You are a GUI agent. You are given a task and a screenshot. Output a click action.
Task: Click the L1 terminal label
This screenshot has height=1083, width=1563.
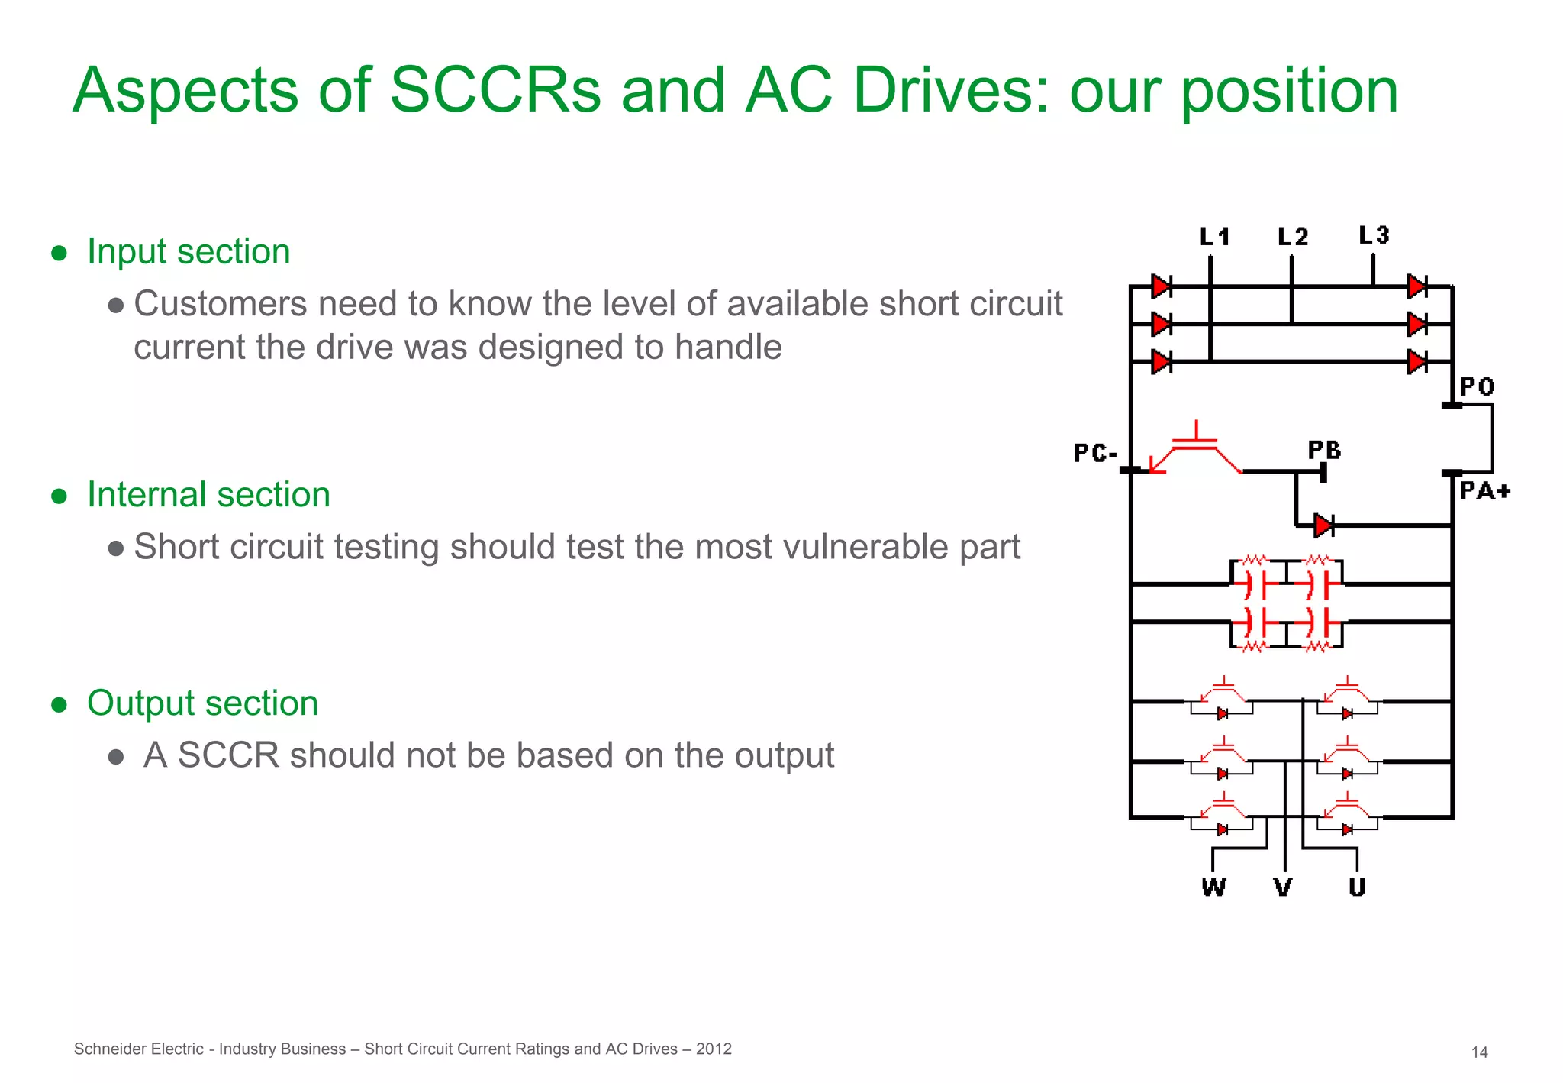pyautogui.click(x=1214, y=237)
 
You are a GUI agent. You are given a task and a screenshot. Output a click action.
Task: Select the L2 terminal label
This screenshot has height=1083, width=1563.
pyautogui.click(x=1293, y=237)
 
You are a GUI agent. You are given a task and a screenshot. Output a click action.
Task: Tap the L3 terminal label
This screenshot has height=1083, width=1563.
pyautogui.click(x=1374, y=234)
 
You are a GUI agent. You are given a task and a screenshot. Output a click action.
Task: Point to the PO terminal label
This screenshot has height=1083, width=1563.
pyautogui.click(x=1477, y=386)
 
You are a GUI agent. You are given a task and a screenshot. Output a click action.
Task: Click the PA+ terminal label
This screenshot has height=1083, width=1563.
pyautogui.click(x=1484, y=490)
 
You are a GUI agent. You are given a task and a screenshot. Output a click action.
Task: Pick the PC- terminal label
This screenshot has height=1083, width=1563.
pyautogui.click(x=1095, y=453)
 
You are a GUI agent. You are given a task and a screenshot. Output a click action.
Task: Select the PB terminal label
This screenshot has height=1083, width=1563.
pyautogui.click(x=1324, y=450)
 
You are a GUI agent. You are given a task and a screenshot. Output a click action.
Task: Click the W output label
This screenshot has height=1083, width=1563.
pyautogui.click(x=1213, y=887)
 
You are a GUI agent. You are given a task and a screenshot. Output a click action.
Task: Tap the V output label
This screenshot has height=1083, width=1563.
pyautogui.click(x=1284, y=887)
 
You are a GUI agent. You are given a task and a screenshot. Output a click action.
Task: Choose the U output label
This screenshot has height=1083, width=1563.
pyautogui.click(x=1357, y=887)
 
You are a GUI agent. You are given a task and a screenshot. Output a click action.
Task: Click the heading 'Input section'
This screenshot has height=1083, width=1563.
pyautogui.click(x=189, y=251)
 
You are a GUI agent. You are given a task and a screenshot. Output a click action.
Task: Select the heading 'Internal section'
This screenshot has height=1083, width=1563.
pyautogui.click(x=208, y=494)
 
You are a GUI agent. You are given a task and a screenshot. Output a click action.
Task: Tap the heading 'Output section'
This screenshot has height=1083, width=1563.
pyautogui.click(x=202, y=703)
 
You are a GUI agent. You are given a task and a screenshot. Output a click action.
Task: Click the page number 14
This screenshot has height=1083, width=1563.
pyautogui.click(x=1479, y=1052)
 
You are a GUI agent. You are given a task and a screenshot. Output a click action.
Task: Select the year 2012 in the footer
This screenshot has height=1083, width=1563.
pyautogui.click(x=714, y=1049)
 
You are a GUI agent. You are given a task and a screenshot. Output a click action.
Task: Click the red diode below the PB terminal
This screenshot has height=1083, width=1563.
pyautogui.click(x=1323, y=525)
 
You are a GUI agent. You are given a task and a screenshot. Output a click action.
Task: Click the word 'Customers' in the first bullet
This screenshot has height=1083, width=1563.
pyautogui.click(x=221, y=304)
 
